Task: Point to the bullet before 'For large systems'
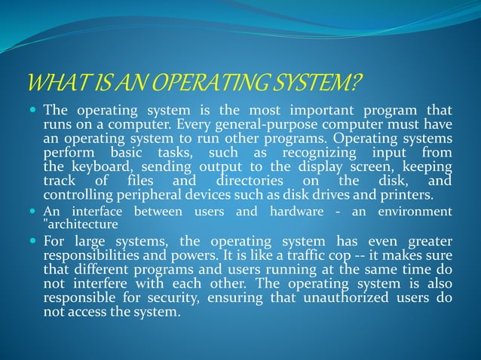[32, 241]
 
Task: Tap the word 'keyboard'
[93, 166]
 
